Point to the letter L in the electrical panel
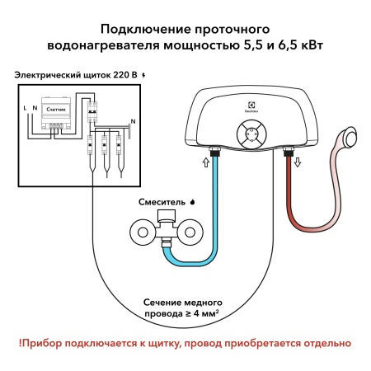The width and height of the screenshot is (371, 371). [x=24, y=107]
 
